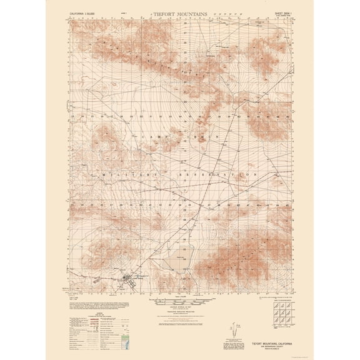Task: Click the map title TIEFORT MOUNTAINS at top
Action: [180, 12]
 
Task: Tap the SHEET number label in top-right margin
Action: [279, 12]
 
